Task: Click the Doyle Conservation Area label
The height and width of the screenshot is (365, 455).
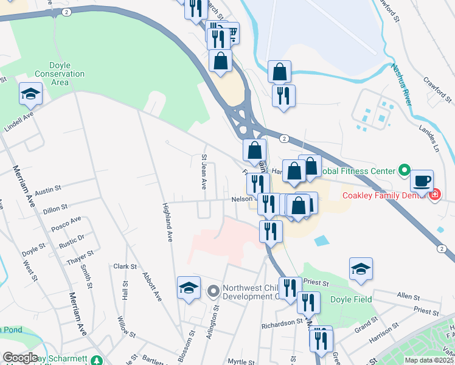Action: [x=52, y=74]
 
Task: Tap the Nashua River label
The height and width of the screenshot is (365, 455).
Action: [x=403, y=88]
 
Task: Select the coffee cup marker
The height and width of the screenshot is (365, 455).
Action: [x=422, y=181]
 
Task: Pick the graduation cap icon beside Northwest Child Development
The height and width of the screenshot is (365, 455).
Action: [x=189, y=287]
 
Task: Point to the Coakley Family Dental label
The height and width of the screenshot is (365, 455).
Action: [x=384, y=195]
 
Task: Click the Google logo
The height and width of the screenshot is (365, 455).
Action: [x=20, y=358]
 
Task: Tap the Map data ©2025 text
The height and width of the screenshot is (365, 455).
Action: [x=428, y=360]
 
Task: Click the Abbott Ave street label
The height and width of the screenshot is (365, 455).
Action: [x=151, y=286]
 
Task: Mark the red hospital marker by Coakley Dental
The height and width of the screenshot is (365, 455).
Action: [x=434, y=195]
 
